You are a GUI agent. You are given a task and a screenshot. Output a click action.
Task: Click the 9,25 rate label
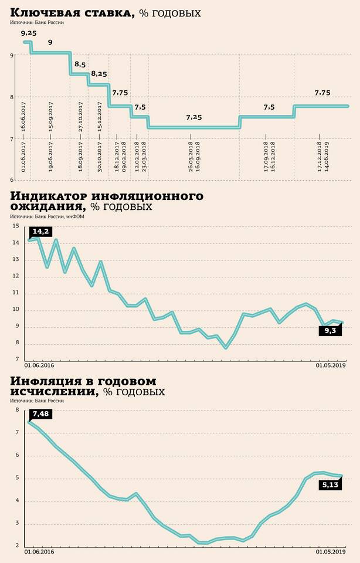coord(29,33)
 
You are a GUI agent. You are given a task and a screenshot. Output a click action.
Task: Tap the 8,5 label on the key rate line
coord(80,65)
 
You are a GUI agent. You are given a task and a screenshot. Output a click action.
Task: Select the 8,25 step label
coord(99,74)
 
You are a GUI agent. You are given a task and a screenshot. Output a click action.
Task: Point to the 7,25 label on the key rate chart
coord(193,117)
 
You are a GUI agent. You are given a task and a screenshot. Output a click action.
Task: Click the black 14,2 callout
coord(40,232)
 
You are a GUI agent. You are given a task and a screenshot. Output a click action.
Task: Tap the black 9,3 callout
coord(331,331)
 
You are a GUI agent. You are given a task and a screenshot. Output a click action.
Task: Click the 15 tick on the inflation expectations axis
coord(15,226)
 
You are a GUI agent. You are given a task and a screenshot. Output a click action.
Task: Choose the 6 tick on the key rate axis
coord(12,180)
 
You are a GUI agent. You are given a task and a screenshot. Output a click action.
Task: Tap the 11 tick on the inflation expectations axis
coord(15,293)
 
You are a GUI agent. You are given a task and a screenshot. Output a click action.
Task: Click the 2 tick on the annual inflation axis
coord(16,546)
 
